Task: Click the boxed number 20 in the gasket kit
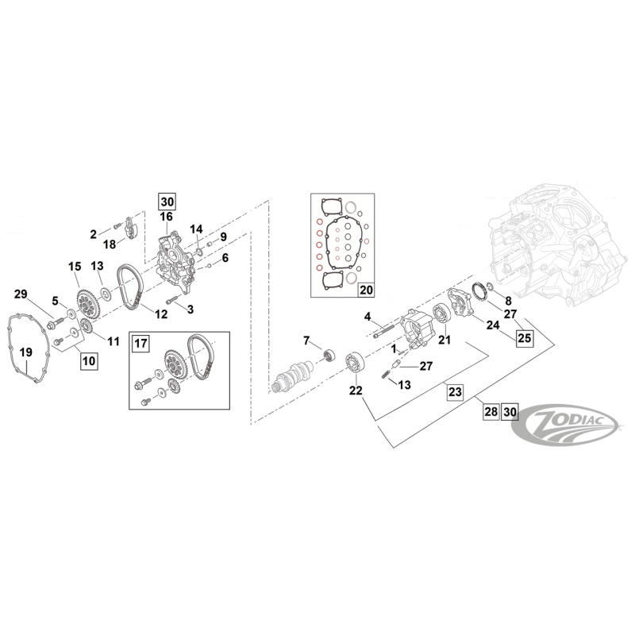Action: pyautogui.click(x=365, y=291)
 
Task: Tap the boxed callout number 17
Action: pyautogui.click(x=140, y=344)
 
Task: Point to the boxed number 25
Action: pyautogui.click(x=523, y=337)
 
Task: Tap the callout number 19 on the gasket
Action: pyautogui.click(x=25, y=352)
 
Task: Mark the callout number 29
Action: pyautogui.click(x=22, y=294)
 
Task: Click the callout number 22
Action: pyautogui.click(x=355, y=390)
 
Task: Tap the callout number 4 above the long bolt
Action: pyautogui.click(x=368, y=317)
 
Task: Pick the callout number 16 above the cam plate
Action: pyautogui.click(x=167, y=216)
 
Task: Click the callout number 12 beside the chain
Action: pyautogui.click(x=160, y=314)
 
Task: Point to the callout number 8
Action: pyautogui.click(x=509, y=300)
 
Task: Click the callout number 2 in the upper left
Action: pyautogui.click(x=93, y=234)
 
